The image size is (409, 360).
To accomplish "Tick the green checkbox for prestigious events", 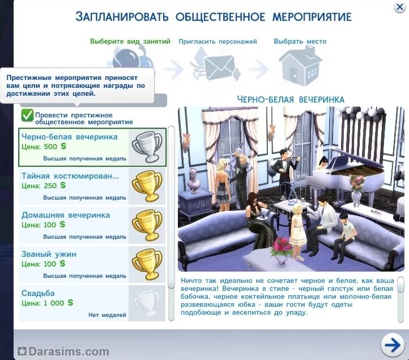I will (27, 116).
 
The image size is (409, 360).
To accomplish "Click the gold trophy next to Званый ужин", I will (147, 264).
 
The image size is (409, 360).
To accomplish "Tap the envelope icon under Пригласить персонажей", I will (218, 67).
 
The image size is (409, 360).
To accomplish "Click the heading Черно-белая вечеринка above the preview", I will (291, 99).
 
